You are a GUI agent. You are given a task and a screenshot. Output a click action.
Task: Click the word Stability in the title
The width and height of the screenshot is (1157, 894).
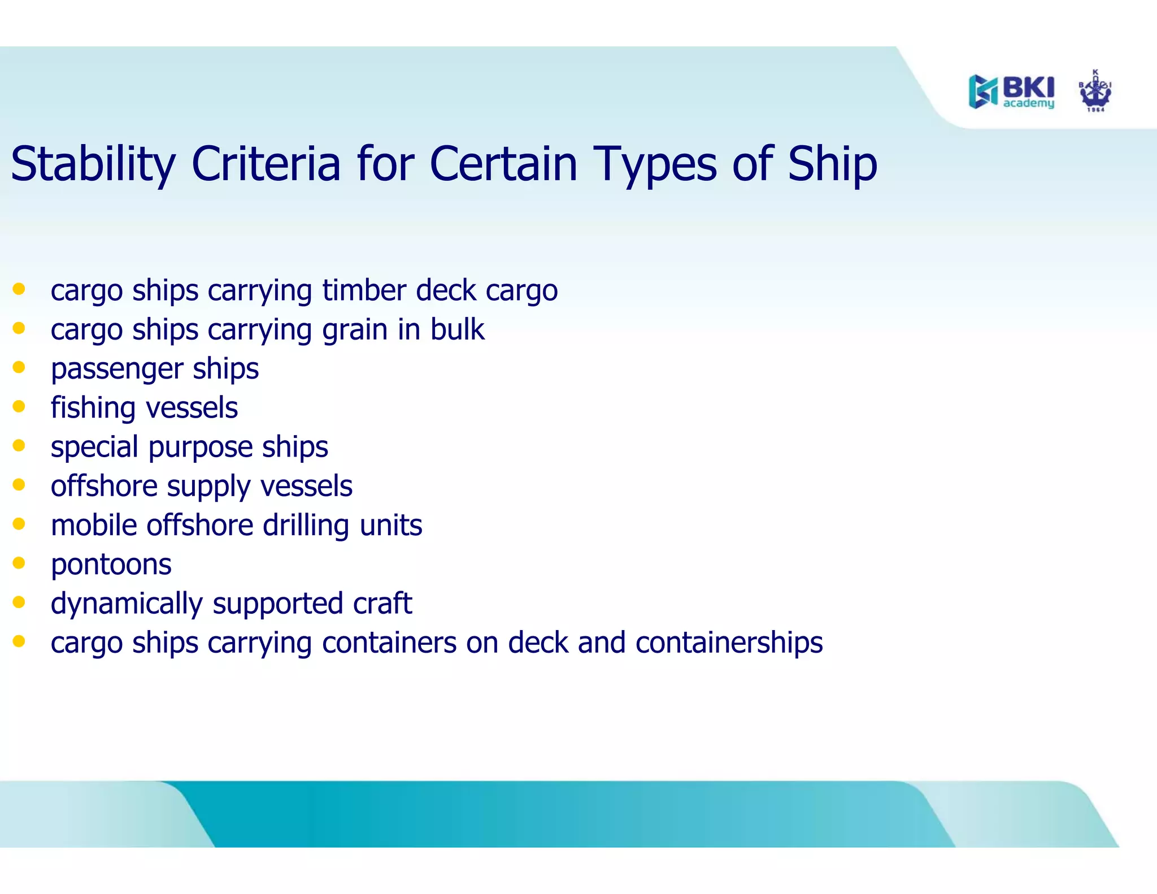(93, 164)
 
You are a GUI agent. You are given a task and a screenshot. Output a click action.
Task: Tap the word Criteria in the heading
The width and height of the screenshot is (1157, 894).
(266, 164)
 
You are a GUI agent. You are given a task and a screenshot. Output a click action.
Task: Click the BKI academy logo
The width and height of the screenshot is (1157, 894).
(1011, 92)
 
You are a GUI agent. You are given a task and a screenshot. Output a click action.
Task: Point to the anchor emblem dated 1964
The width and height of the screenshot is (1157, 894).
(1095, 92)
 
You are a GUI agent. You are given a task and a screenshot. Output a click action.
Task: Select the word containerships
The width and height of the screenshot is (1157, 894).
(729, 643)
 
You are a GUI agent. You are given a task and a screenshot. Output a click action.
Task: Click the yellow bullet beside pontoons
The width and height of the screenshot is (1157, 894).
(19, 562)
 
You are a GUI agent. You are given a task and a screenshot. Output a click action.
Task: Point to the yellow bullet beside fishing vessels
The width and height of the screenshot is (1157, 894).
(19, 406)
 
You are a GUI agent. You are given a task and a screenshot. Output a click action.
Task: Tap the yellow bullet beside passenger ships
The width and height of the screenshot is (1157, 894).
(19, 367)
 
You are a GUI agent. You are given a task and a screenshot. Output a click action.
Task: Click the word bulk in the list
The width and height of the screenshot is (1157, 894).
(457, 329)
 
